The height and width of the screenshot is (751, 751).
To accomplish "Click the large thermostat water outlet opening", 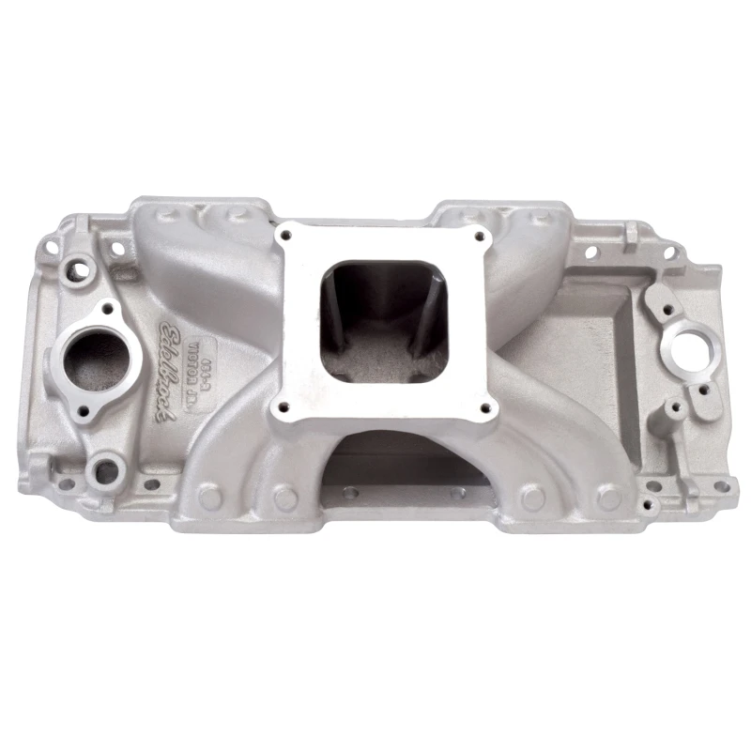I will [x=95, y=357].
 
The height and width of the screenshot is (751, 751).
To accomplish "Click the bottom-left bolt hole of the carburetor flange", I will [x=277, y=409].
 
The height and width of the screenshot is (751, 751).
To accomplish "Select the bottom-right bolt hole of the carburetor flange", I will [x=484, y=407].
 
